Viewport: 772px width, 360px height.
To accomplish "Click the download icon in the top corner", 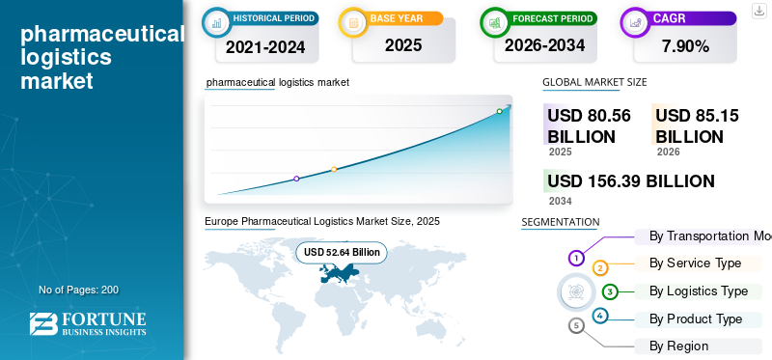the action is [758, 11].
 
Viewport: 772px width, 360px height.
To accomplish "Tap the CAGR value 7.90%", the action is [685, 46].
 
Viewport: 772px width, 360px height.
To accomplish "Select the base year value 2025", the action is [403, 45].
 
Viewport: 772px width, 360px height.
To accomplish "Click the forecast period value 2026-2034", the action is [544, 45].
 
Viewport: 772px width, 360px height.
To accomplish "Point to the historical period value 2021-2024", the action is [265, 47].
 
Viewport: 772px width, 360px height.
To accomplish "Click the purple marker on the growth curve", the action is [296, 179].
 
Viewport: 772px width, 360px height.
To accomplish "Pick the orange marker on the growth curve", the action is [334, 170].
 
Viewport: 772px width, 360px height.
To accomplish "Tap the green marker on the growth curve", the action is [499, 111].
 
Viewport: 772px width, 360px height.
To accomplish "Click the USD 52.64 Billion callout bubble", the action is [342, 252].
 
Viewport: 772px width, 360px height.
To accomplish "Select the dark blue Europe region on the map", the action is [339, 272].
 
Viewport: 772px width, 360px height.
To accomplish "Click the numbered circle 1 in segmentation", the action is [576, 258].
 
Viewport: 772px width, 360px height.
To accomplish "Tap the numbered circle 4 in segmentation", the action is [599, 316].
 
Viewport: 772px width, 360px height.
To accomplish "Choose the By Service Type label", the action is [695, 263].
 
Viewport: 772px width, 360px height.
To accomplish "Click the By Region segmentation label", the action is [679, 346].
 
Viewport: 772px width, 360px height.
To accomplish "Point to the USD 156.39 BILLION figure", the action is [631, 181].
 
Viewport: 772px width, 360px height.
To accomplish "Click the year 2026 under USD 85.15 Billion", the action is [668, 152].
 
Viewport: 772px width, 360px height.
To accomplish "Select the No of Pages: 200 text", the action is [79, 290].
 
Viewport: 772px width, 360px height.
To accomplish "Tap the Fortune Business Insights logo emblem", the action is [43, 324].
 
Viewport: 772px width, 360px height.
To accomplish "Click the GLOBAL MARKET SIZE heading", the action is [594, 82].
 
